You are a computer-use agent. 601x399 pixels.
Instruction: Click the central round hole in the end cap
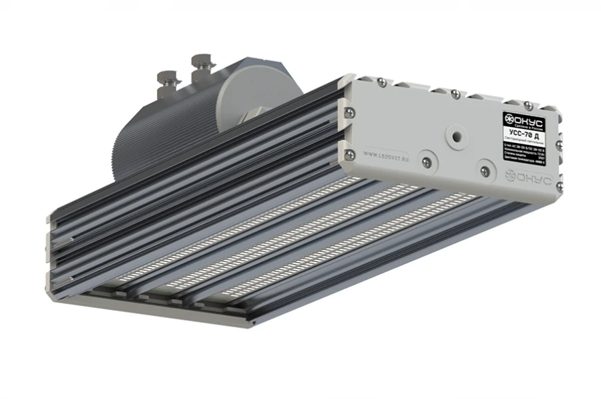[x=455, y=136]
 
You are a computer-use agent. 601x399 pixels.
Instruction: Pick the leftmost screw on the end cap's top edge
[x=381, y=82]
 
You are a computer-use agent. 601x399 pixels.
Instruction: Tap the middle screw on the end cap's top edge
[x=453, y=93]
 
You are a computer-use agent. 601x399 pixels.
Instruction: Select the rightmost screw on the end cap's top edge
[x=527, y=105]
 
